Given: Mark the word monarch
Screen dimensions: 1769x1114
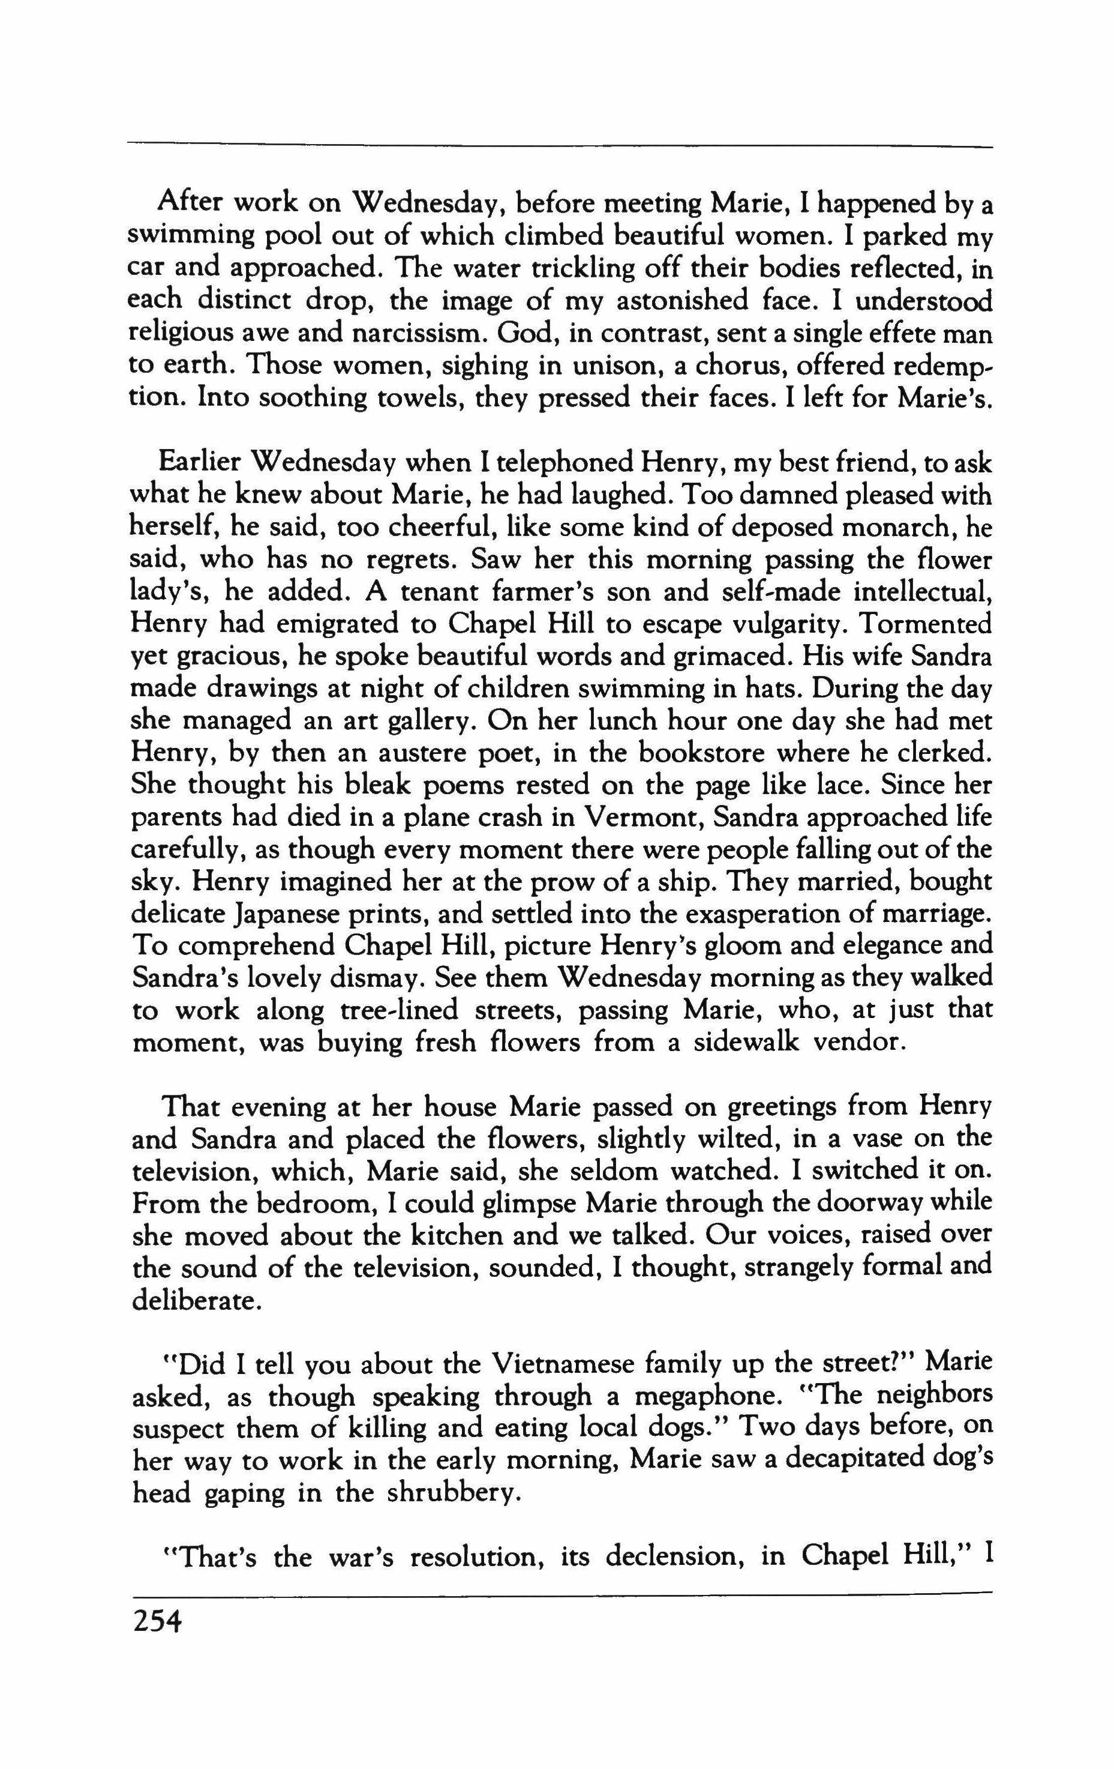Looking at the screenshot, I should click(x=895, y=528).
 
